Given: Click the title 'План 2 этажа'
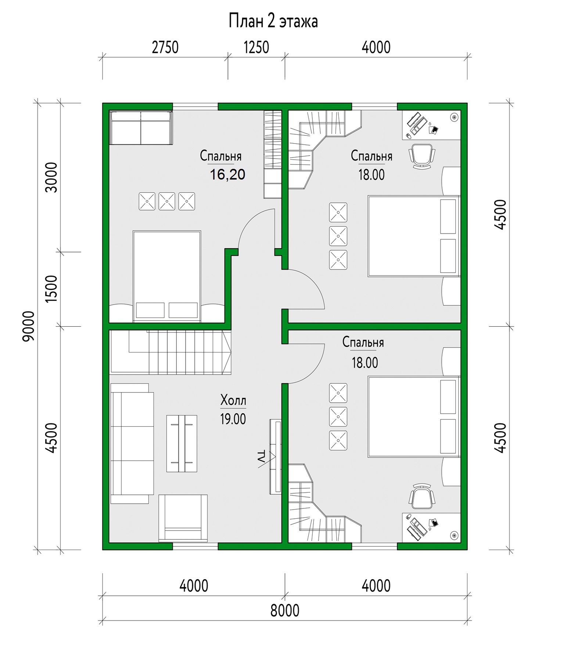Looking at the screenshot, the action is (273, 21).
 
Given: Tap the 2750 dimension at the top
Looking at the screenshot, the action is (165, 47).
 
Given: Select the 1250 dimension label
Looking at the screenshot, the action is (256, 47).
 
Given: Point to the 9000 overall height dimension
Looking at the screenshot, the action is (29, 326).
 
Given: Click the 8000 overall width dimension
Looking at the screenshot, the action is (285, 610).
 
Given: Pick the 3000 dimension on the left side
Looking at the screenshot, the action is (51, 177).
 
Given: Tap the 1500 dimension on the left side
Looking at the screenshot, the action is (51, 289).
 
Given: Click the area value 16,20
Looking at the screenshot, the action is (227, 174).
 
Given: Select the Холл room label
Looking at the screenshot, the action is (233, 400).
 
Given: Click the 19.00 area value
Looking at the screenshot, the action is (233, 419).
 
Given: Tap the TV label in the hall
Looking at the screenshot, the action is (261, 456).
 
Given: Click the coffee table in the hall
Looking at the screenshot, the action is (182, 443).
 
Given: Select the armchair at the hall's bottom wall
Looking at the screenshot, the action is (183, 518).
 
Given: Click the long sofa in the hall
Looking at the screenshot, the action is (132, 443).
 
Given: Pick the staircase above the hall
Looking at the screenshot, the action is (171, 352).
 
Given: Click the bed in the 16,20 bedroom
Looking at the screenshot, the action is (167, 276).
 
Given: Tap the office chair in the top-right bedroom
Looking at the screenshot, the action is (422, 156).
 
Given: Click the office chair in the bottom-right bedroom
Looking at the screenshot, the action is (422, 496).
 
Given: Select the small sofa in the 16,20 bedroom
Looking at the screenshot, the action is (141, 128).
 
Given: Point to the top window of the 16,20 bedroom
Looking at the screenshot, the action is (195, 106).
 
